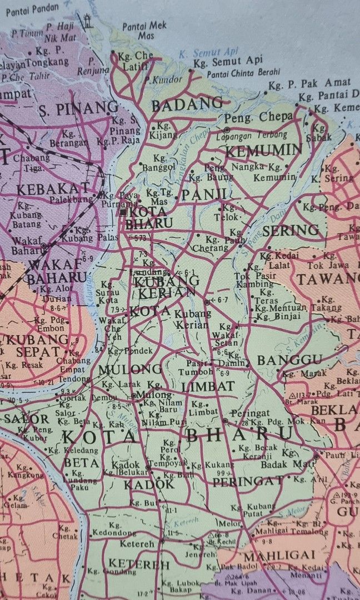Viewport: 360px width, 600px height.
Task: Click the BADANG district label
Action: pyautogui.click(x=187, y=104)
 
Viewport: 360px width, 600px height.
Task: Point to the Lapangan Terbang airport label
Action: pyautogui.click(x=256, y=134)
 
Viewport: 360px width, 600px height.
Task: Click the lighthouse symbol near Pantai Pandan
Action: pyautogui.click(x=87, y=22)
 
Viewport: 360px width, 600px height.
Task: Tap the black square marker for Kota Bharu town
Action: pyautogui.click(x=123, y=212)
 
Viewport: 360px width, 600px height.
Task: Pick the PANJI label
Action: pyautogui.click(x=204, y=194)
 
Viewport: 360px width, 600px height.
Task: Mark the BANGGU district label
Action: pyautogui.click(x=289, y=360)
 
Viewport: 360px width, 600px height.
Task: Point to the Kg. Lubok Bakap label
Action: pyautogui.click(x=178, y=586)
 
